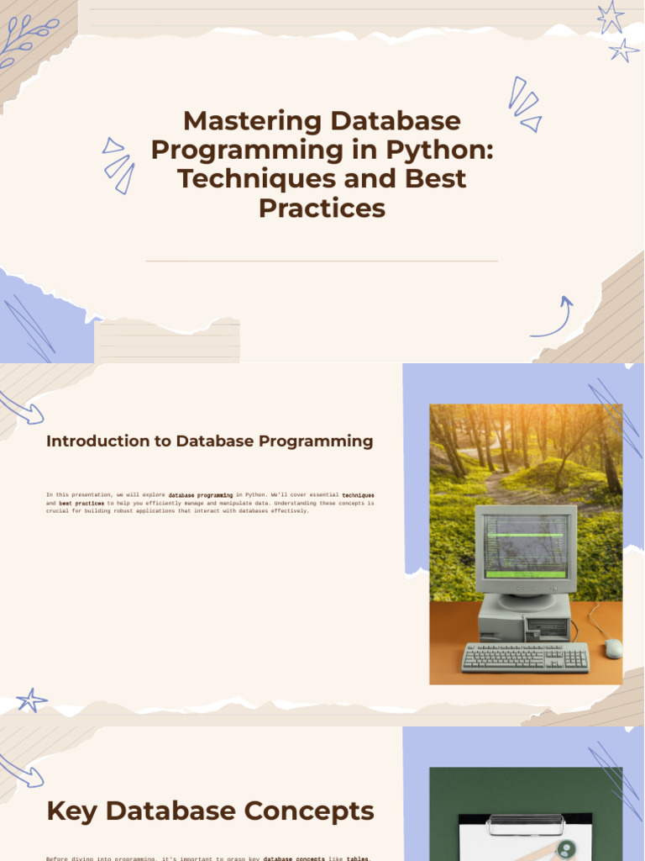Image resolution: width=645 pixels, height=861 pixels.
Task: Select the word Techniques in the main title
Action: pos(249,178)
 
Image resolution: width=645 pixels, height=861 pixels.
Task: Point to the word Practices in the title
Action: pos(322,208)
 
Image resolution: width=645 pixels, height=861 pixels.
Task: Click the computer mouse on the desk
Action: pos(613,647)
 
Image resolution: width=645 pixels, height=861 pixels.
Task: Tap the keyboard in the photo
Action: pos(525,657)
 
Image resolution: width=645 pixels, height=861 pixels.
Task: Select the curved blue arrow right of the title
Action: pos(554,318)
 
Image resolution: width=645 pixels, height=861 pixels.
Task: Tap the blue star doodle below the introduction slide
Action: pos(32,700)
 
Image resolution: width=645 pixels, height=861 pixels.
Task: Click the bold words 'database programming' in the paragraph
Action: pos(201,496)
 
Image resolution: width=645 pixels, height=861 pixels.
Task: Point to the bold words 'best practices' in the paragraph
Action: pos(81,504)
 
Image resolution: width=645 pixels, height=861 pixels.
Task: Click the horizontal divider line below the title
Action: pos(322,261)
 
